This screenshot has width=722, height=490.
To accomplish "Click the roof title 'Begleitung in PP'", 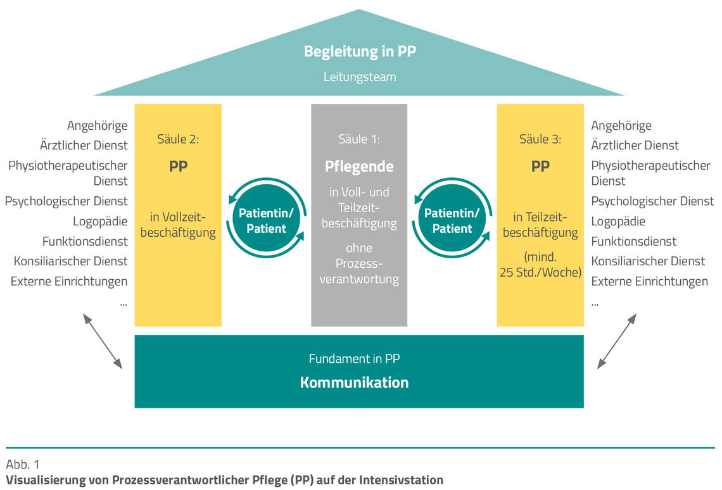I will pos(360,52).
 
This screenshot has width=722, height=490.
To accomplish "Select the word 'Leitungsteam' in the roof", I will pos(360,77).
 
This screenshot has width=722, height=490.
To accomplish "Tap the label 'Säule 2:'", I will pos(178,139).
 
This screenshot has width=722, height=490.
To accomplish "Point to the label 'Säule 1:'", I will pos(359,139).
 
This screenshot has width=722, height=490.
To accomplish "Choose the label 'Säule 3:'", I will pos(540,139).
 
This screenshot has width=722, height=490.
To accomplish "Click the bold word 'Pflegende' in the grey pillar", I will pos(359,166).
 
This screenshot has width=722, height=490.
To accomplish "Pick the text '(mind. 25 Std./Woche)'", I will pos(540,265).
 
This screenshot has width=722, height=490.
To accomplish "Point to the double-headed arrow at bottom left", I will pos(103,341).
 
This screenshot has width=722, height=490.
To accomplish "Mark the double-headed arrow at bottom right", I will pos(616,341).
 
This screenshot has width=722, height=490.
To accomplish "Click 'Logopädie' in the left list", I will pos(100,222).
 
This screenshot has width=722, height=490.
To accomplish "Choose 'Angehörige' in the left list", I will pos(97,126).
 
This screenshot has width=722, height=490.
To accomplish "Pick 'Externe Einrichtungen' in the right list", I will pos(649,281).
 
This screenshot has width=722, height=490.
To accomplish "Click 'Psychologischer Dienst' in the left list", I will pos(66,201).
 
